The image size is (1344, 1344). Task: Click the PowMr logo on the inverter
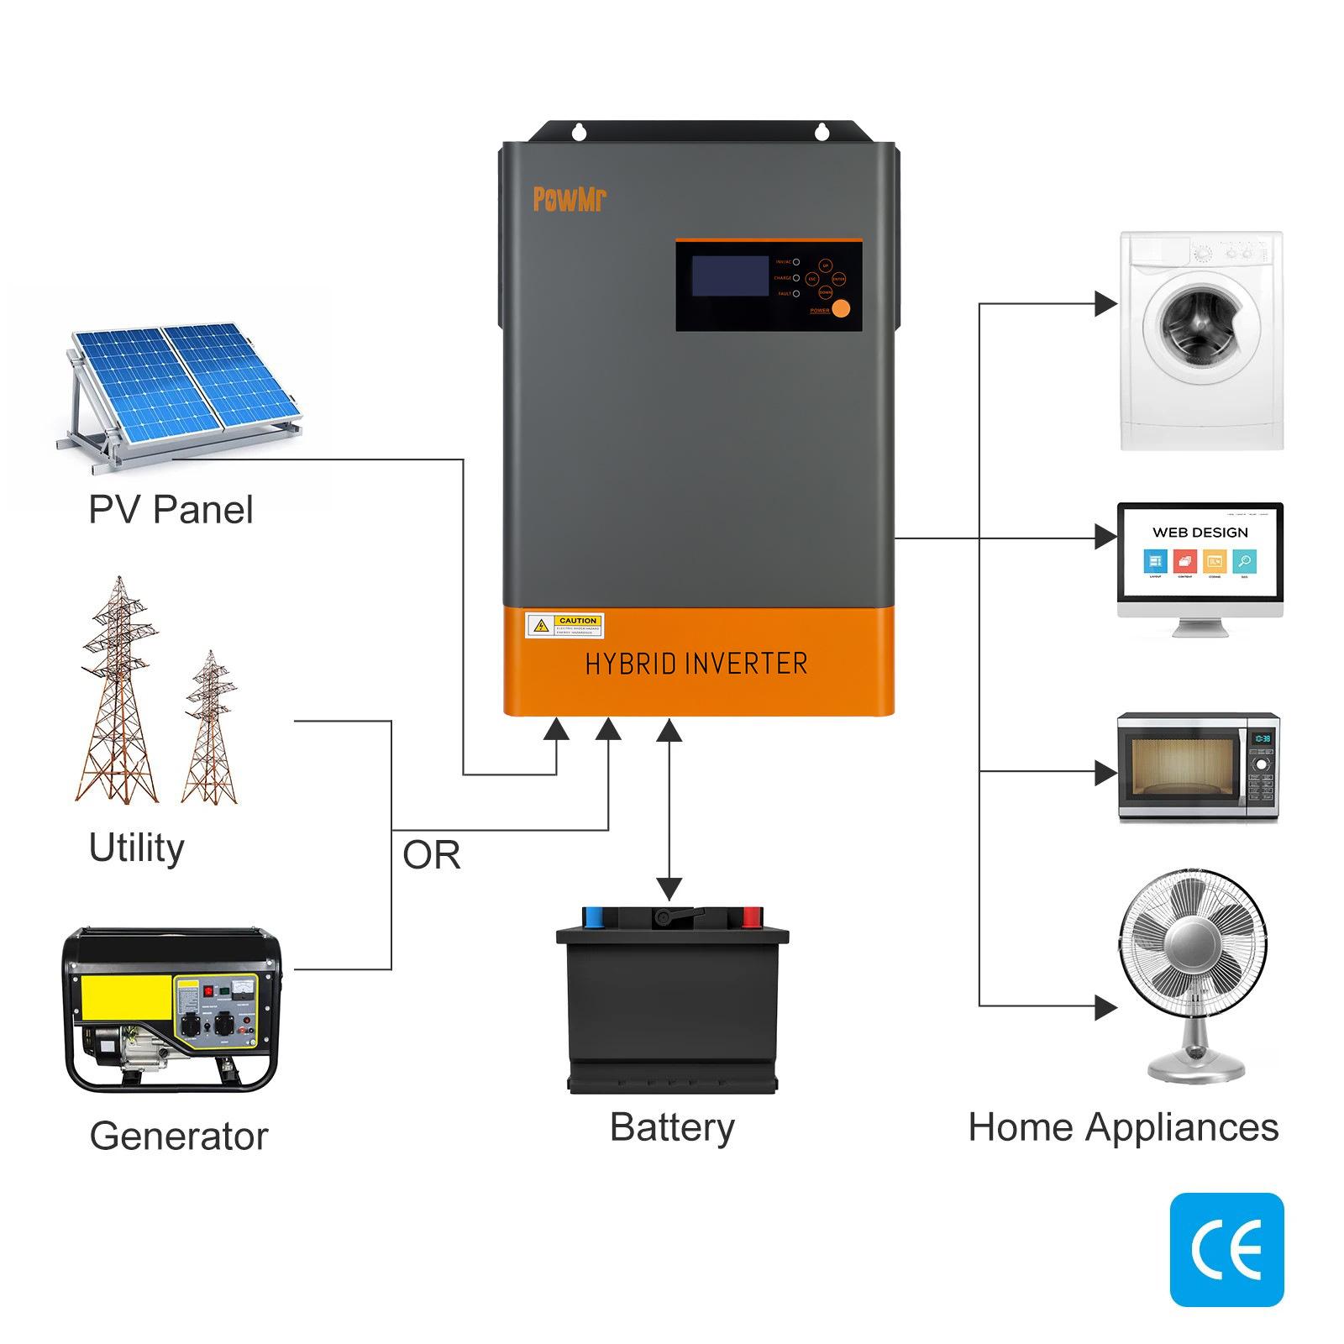[x=569, y=199]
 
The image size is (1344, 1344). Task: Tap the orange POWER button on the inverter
[x=841, y=308]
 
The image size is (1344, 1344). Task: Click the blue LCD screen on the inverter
[x=730, y=276]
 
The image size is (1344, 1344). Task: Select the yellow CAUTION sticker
[x=564, y=625]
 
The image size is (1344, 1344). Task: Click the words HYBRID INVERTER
[x=696, y=664]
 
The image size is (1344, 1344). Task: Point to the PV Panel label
[x=171, y=510]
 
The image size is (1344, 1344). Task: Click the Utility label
[x=136, y=848]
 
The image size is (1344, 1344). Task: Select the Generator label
[x=179, y=1136]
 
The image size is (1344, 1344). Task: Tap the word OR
[x=431, y=855]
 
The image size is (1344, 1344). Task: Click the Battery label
[x=672, y=1127]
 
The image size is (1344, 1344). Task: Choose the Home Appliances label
[x=1123, y=1127]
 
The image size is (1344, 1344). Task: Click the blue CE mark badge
[x=1226, y=1249]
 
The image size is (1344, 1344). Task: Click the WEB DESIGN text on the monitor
[x=1200, y=533]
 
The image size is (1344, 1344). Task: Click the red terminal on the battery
[x=751, y=913]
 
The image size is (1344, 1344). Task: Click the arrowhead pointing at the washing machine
[x=1105, y=304]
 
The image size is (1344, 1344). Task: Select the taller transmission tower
[x=120, y=689]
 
